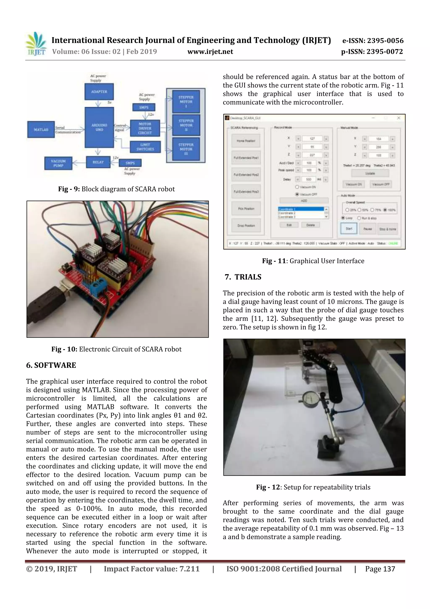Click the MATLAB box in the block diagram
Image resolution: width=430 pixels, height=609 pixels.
click(x=41, y=129)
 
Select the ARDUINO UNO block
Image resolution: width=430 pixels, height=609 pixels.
click(x=99, y=127)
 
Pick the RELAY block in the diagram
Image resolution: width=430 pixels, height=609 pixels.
click(x=98, y=162)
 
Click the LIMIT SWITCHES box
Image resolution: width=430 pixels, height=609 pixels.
click(x=145, y=147)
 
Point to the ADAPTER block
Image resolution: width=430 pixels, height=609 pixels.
click(x=99, y=91)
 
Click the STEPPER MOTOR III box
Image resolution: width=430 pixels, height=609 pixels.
click(x=186, y=149)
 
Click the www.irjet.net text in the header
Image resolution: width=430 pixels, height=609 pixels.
click(x=210, y=52)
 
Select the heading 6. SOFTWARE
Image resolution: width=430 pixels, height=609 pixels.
click(x=51, y=365)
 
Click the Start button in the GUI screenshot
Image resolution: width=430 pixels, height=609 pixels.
click(x=349, y=229)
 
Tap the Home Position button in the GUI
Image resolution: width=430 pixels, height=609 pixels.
click(x=246, y=141)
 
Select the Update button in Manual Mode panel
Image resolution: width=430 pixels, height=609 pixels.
click(x=370, y=173)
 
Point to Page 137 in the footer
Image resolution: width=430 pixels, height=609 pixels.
click(x=380, y=569)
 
